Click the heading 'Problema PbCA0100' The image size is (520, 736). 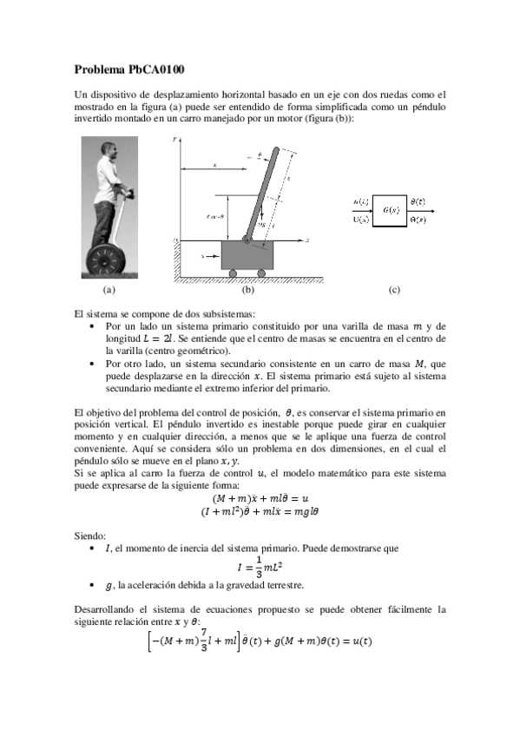tap(128, 69)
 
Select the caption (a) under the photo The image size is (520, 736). tap(108, 290)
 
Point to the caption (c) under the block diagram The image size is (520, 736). tap(394, 290)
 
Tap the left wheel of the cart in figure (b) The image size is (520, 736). tap(233, 274)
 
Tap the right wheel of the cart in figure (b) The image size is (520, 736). tap(264, 274)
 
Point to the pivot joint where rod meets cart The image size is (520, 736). tap(247, 239)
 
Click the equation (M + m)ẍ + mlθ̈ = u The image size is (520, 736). tap(260, 498)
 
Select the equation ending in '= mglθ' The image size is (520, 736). tap(260, 512)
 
